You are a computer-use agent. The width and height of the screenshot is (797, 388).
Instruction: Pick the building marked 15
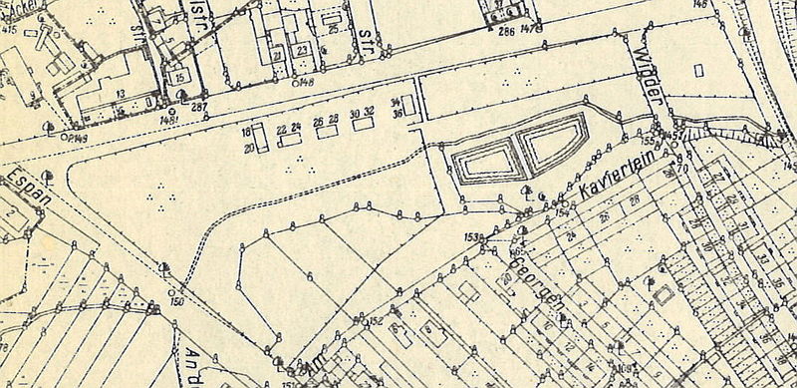[178, 76]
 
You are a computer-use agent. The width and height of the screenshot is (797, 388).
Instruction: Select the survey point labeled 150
[176, 301]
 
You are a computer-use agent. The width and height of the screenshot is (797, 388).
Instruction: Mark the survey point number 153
[472, 236]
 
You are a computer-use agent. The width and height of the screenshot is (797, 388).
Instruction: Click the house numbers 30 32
[363, 113]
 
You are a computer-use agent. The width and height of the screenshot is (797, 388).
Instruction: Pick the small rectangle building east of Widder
[698, 70]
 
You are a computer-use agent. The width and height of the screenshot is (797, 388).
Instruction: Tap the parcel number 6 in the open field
[312, 274]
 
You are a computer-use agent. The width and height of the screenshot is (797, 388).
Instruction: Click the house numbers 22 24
[289, 129]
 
